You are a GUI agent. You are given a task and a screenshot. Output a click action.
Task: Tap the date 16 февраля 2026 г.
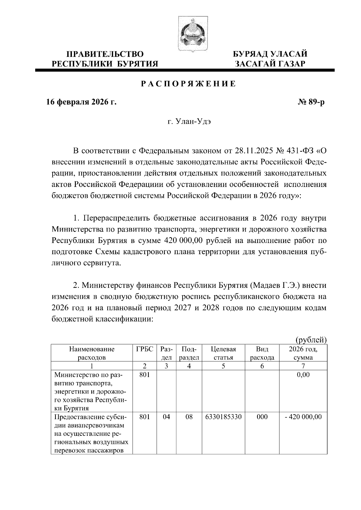click(x=81, y=102)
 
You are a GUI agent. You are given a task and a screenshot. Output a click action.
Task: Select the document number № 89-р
click(x=311, y=102)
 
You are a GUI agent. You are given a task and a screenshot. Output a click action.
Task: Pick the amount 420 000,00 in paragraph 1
click(x=184, y=241)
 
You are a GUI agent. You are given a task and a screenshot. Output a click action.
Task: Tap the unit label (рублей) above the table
click(x=311, y=340)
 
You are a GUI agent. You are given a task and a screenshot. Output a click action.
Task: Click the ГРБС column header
click(x=145, y=349)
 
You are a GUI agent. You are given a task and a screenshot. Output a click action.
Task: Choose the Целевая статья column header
click(x=223, y=353)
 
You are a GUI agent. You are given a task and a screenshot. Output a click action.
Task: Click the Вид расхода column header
click(x=262, y=353)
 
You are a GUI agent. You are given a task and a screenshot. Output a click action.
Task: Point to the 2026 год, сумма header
click(x=303, y=353)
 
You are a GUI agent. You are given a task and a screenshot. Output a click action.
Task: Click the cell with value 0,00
click(x=303, y=375)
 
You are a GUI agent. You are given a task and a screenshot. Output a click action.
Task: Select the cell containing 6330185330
click(x=223, y=417)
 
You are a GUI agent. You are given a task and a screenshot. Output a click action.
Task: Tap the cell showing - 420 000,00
click(x=303, y=417)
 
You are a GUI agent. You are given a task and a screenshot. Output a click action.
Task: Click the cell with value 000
click(x=262, y=417)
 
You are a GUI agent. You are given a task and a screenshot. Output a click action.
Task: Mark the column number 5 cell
click(x=223, y=366)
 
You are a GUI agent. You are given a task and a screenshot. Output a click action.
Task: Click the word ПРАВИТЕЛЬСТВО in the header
click(x=105, y=54)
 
